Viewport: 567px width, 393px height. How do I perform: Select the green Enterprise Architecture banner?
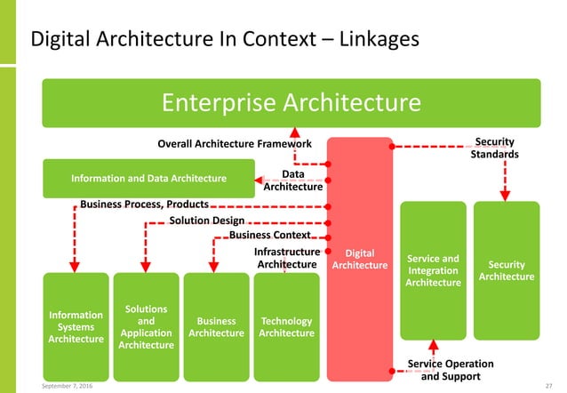[x=291, y=103]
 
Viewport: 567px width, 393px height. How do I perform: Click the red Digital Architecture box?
[x=359, y=258]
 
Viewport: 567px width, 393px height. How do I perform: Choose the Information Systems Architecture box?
[x=76, y=326]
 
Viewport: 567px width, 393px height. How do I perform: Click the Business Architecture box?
[x=216, y=326]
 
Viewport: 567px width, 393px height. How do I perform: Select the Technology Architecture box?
[x=286, y=326]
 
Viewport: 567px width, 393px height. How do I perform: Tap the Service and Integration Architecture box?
[x=433, y=270]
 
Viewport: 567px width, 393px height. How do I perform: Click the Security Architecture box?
[x=506, y=270]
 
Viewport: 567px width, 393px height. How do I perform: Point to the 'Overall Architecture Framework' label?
[x=234, y=143]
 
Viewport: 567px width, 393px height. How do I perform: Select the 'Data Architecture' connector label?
[x=292, y=181]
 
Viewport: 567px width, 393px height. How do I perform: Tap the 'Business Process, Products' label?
[x=144, y=204]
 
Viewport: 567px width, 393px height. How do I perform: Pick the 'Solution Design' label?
[x=206, y=220]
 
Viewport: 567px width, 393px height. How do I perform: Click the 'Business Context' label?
[x=270, y=235]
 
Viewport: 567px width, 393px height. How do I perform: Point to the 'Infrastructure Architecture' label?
[x=286, y=258]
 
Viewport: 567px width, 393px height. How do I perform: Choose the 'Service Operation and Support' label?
[x=451, y=370]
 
